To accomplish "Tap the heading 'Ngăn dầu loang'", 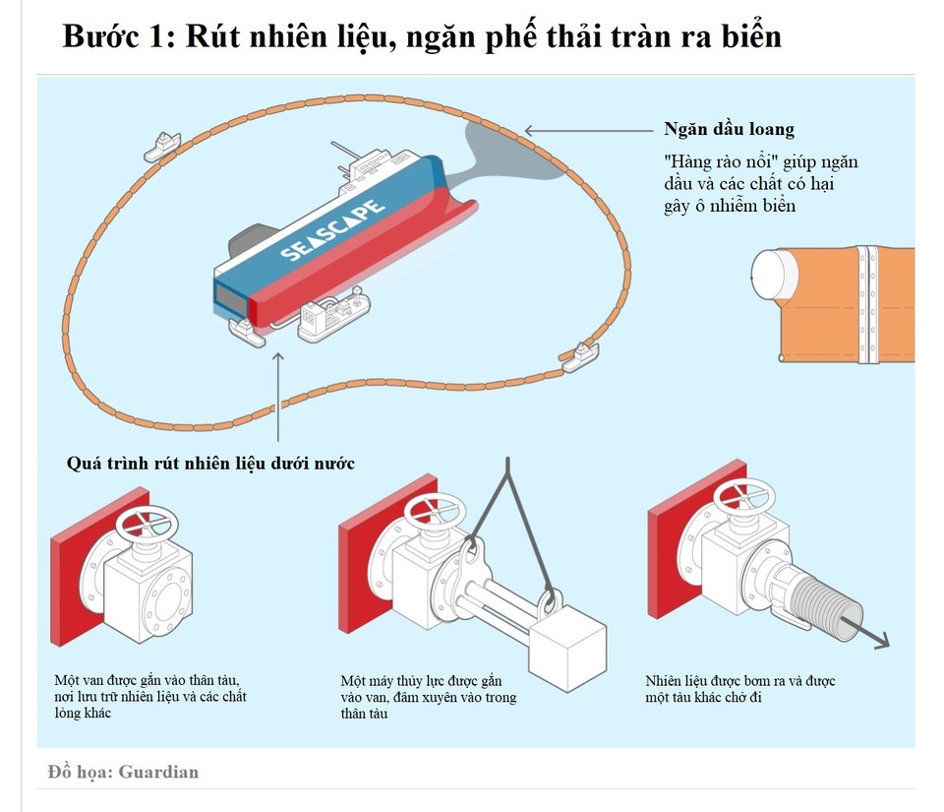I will pos(729,130).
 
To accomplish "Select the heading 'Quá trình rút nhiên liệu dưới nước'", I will pos(210,463).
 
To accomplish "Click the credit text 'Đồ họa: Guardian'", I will pos(123,772).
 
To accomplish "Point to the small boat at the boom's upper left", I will pos(161,145).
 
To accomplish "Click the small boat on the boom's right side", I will pos(580,356).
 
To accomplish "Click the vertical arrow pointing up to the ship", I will pos(279,394).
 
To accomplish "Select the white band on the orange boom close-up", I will pos(866,304).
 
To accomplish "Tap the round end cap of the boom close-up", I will pos(775,274).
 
